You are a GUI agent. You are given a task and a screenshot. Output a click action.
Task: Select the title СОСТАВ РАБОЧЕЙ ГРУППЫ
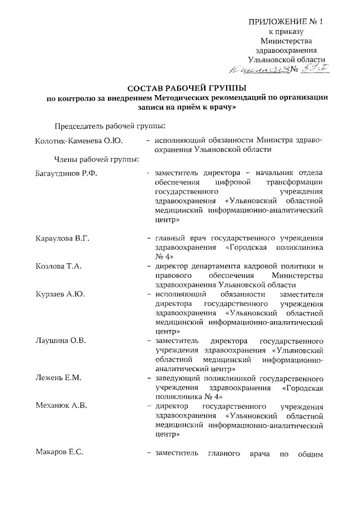tap(186, 88)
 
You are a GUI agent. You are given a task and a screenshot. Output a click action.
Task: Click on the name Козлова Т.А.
tap(57, 265)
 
